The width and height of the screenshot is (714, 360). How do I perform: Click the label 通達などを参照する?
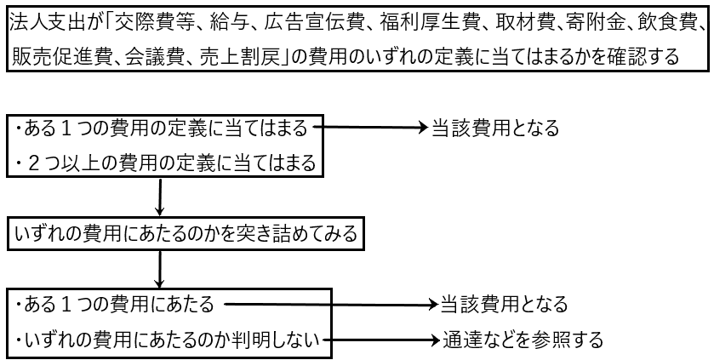(x=522, y=340)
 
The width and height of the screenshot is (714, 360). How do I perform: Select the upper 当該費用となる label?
(x=494, y=129)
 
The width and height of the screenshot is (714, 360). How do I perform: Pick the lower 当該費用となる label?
(x=502, y=304)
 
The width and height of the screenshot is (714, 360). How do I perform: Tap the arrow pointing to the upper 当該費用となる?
(x=370, y=128)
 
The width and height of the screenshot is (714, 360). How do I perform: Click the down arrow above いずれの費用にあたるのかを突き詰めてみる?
(x=160, y=197)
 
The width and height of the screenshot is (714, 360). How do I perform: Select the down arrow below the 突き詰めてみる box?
(x=160, y=269)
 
